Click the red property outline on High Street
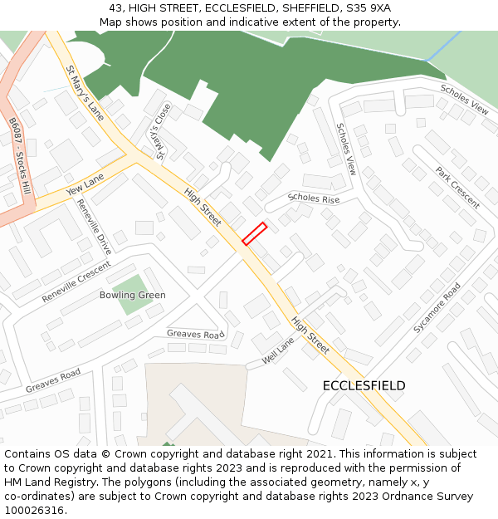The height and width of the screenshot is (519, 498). (254, 233)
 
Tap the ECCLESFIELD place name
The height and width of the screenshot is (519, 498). (364, 386)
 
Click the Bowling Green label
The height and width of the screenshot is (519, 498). (132, 295)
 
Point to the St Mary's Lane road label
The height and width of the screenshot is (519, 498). (85, 92)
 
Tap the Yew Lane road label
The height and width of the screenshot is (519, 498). (85, 185)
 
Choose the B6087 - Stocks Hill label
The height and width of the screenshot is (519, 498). (21, 156)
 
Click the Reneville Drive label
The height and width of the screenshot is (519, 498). (94, 227)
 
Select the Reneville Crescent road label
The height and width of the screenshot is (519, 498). (76, 282)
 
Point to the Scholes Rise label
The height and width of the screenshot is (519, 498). (314, 198)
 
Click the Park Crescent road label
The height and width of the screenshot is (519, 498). (457, 188)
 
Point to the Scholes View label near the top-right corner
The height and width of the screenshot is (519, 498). (464, 98)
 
